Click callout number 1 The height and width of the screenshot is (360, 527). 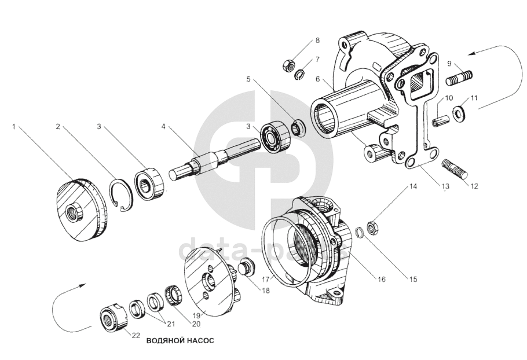point(14,125)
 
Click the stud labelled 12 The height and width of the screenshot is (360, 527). point(456,169)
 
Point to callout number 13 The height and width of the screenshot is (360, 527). point(445,186)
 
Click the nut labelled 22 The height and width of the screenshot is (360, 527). point(111,319)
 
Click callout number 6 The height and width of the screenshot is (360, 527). point(317,79)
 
